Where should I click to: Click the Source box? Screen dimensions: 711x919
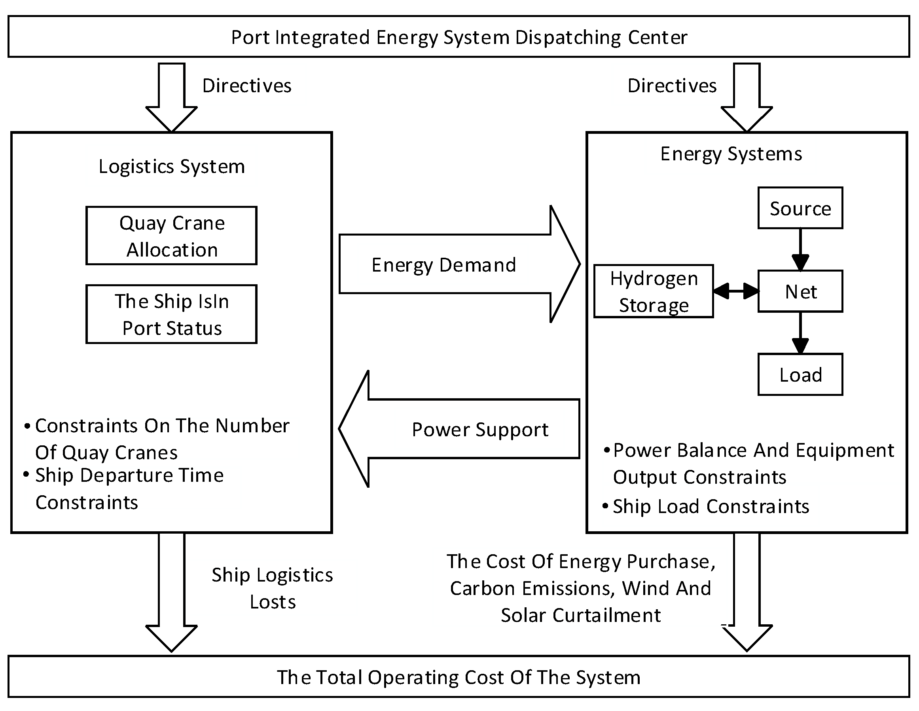pos(800,208)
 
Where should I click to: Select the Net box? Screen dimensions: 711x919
pos(800,291)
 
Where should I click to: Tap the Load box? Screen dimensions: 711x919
pos(800,375)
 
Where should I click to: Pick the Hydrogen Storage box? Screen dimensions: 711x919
pos(654,291)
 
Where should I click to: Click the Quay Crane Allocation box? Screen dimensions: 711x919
pos(171,236)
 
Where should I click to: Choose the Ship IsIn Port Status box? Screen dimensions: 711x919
pos(171,314)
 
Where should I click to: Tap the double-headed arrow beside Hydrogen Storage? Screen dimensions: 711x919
pos(736,291)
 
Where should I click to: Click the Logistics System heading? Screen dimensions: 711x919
pos(172,167)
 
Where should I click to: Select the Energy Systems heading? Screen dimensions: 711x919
pos(731,154)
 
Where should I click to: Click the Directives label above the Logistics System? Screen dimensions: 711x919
pos(246,86)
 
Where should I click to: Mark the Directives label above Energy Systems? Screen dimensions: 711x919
pos(672,86)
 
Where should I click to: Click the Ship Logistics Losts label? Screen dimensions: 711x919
pos(272,589)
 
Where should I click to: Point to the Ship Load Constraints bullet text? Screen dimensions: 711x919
pos(710,506)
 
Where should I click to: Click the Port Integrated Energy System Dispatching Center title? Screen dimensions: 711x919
pos(459,38)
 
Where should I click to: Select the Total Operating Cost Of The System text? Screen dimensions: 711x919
pos(459,678)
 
